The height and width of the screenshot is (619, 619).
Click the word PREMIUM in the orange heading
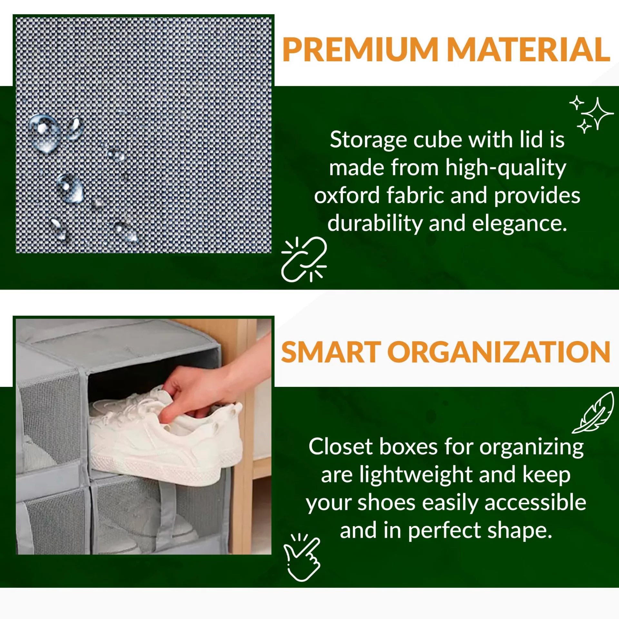click(x=360, y=50)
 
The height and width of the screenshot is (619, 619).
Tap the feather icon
click(x=593, y=412)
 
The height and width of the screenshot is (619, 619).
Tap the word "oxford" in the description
click(x=347, y=196)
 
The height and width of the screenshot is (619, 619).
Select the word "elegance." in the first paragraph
click(x=519, y=223)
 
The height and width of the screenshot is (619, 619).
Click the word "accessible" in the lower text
click(x=535, y=503)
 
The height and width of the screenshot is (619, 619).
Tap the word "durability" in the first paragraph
click(x=375, y=224)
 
